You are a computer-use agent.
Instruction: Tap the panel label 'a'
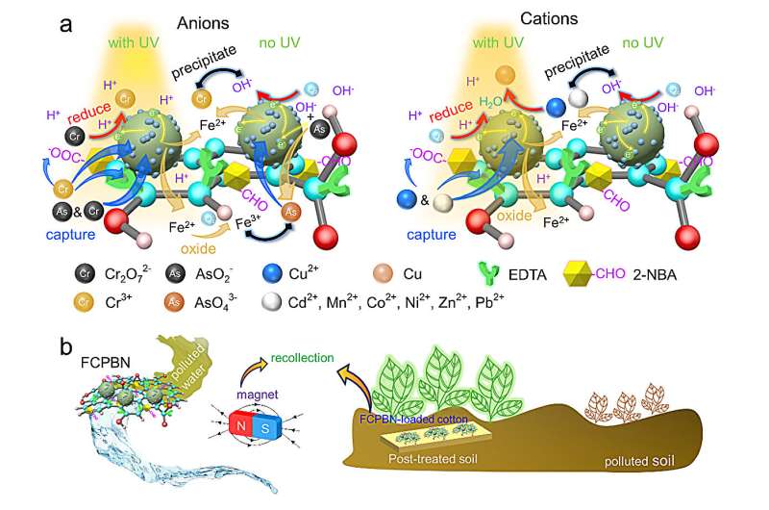pos(66,22)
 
